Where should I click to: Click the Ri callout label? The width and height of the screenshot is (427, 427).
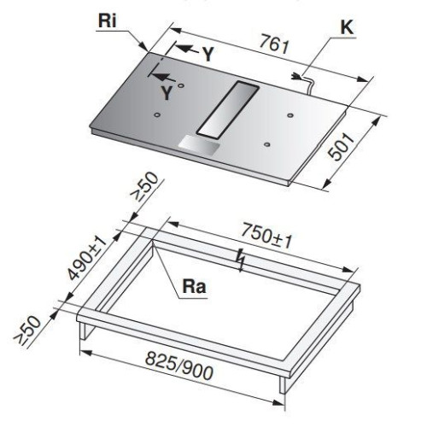coord(108,20)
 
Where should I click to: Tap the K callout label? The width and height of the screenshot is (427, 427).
coord(347,27)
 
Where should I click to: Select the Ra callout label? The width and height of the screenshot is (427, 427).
coord(194,286)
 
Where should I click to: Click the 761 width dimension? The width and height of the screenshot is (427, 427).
coord(275,44)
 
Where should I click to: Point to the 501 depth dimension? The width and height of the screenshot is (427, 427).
coord(341,146)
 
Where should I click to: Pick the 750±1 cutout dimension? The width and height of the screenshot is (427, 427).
coord(266,237)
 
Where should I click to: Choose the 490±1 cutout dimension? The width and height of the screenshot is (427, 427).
coord(87,258)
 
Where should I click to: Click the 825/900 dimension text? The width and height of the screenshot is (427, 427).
coord(179,366)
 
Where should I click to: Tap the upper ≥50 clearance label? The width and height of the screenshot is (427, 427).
coord(144,187)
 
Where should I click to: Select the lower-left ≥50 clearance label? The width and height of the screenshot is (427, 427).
coord(27,331)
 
